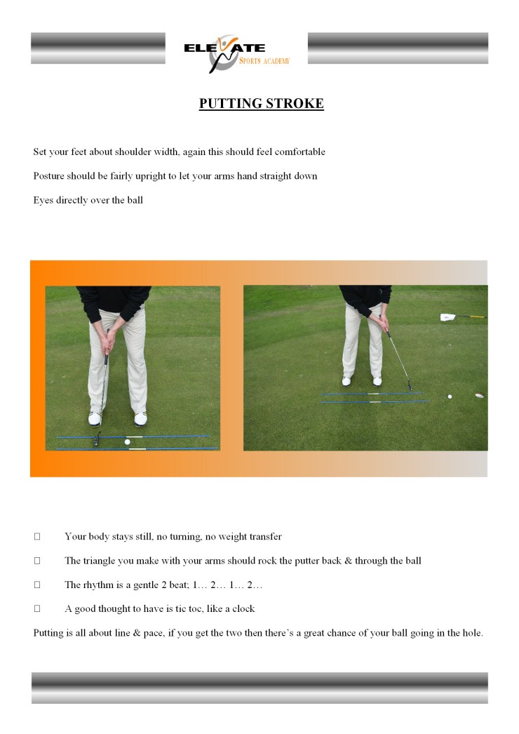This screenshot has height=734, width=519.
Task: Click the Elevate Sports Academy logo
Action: pyautogui.click(x=236, y=53)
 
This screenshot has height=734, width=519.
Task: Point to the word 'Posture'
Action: pyautogui.click(x=50, y=176)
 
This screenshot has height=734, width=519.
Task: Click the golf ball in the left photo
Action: pyautogui.click(x=127, y=442)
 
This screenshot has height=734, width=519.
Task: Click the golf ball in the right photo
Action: pyautogui.click(x=450, y=396)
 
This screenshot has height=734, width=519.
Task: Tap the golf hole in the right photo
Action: pyautogui.click(x=478, y=396)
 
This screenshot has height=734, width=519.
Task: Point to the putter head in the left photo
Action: pyautogui.click(x=97, y=443)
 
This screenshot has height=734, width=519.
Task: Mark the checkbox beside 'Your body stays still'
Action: pyautogui.click(x=37, y=537)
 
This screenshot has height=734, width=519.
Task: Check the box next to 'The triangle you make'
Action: pyautogui.click(x=37, y=561)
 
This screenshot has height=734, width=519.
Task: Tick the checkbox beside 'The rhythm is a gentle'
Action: pyautogui.click(x=37, y=585)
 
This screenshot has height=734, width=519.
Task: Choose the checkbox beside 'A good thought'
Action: pyautogui.click(x=37, y=608)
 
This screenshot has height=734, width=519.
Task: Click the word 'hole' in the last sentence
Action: pyautogui.click(x=472, y=633)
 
